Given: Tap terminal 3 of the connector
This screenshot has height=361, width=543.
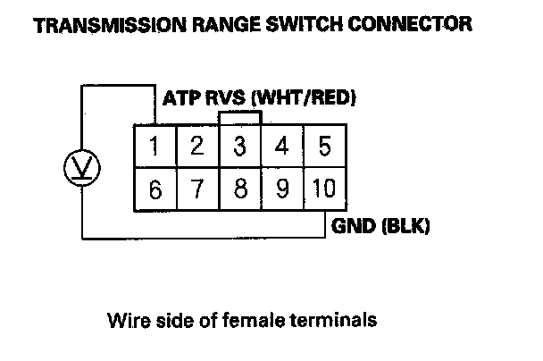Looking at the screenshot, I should click(x=239, y=146).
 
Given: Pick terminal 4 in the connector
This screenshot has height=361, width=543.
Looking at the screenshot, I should click(x=281, y=146).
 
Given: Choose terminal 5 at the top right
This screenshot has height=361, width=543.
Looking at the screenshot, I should click(x=323, y=146).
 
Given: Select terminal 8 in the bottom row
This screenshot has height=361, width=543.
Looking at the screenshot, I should click(x=239, y=189).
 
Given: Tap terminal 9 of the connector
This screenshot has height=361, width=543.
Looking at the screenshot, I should click(x=281, y=189).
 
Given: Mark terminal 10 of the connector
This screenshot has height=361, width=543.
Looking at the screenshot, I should click(x=323, y=189).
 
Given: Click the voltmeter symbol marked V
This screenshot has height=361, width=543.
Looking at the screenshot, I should click(x=83, y=166).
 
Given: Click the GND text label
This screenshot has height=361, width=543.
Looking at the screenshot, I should click(x=353, y=226).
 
